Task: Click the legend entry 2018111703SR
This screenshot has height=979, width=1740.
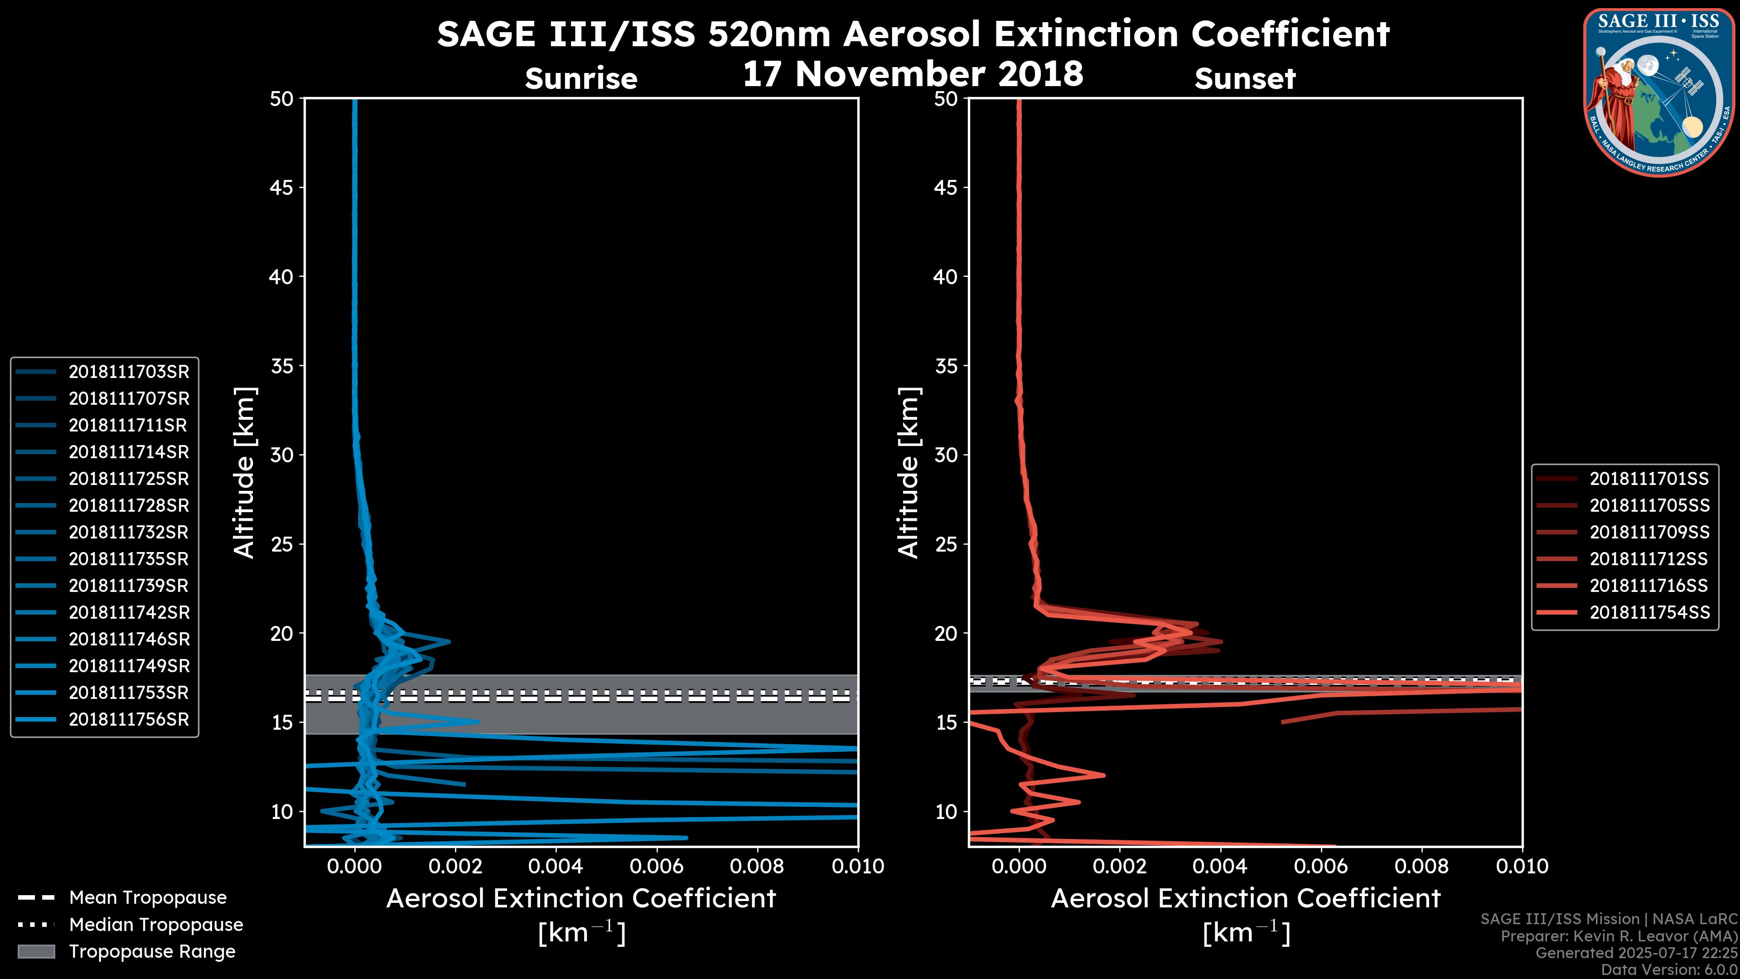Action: [x=128, y=372]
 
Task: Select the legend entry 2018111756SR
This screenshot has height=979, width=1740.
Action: [x=128, y=720]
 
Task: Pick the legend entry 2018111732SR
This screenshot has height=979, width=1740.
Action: [x=128, y=533]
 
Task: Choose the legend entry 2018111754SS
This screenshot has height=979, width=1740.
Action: [x=1649, y=613]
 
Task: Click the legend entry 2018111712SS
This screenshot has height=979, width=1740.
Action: [x=1649, y=559]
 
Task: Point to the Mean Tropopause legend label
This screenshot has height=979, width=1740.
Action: [x=148, y=898]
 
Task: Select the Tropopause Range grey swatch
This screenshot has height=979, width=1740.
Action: [x=36, y=952]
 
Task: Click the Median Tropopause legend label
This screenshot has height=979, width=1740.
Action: [x=156, y=925]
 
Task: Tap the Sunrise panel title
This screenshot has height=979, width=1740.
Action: [x=581, y=79]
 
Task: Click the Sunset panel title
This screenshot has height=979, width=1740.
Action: [x=1245, y=79]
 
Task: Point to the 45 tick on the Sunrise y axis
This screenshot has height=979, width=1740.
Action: [x=282, y=188]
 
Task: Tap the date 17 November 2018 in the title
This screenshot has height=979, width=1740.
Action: [x=913, y=74]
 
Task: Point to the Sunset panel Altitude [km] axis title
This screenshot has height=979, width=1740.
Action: [x=909, y=472]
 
